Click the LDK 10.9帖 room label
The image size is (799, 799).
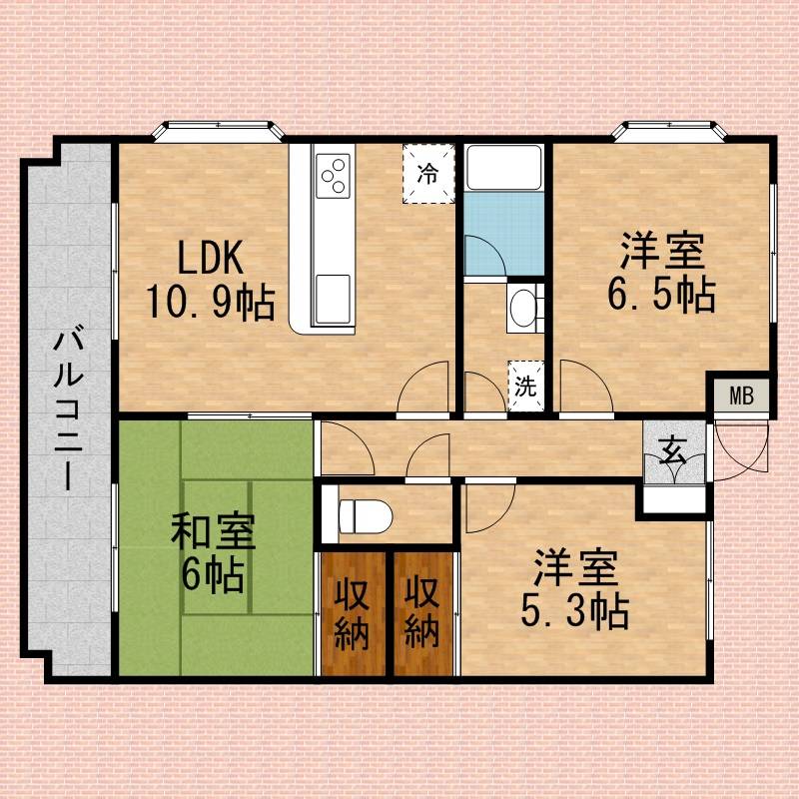tap(211, 280)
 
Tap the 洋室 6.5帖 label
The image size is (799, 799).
tap(662, 272)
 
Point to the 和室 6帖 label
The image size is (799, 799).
tap(213, 553)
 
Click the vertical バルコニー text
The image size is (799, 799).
tap(68, 409)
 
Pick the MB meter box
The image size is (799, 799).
tap(741, 396)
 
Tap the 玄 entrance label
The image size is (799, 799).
tap(673, 451)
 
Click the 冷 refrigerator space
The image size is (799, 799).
tap(428, 173)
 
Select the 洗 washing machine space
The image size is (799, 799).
tap(526, 386)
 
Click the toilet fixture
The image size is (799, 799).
tap(366, 516)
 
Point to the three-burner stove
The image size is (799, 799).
tap(334, 176)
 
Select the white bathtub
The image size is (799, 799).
tap(504, 168)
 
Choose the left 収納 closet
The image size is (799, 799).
tap(353, 613)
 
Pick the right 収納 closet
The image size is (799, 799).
tap(422, 613)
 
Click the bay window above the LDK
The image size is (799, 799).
tap(218, 131)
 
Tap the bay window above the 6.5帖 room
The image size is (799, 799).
tap(669, 131)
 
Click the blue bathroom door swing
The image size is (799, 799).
tap(485, 256)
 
